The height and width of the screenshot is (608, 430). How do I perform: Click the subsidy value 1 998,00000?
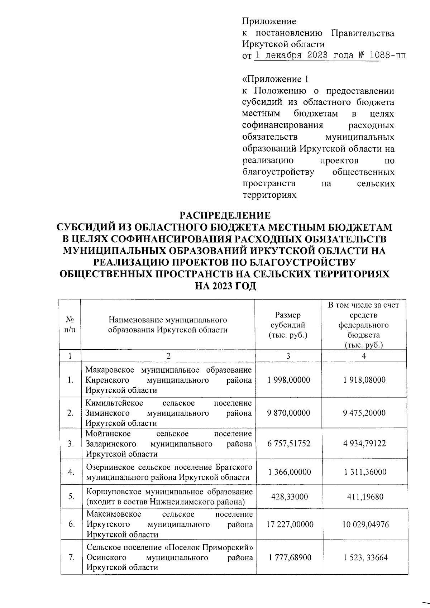[288, 380]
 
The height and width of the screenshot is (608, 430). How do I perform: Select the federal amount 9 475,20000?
[364, 413]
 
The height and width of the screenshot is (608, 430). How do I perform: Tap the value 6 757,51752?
[288, 444]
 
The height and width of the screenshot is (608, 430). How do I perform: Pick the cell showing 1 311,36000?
[364, 472]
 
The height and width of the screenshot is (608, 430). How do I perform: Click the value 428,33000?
[288, 497]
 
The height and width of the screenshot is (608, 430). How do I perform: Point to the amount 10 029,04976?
[364, 525]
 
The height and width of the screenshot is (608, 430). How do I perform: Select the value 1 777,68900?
[289, 557]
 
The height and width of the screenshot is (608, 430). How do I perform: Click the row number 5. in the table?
[71, 497]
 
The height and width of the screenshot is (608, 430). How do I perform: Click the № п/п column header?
[70, 325]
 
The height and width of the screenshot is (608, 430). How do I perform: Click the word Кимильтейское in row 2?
[114, 403]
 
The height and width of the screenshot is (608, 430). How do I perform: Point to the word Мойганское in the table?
[108, 434]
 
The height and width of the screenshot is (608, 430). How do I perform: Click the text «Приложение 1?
[275, 79]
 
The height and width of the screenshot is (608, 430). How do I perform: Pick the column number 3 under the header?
[288, 356]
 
